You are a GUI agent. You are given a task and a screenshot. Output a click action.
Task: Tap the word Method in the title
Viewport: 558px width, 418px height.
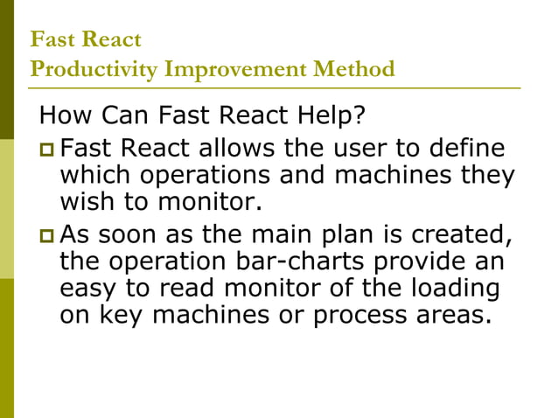pyautogui.click(x=352, y=69)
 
